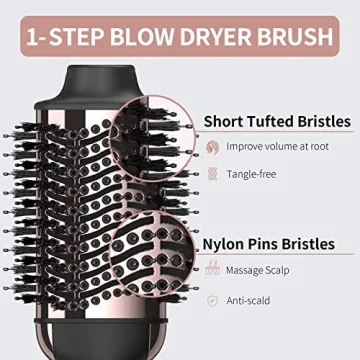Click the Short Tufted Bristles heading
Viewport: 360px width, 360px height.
tap(276, 121)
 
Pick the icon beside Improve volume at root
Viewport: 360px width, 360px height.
tap(213, 147)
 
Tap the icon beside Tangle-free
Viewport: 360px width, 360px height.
tap(213, 174)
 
